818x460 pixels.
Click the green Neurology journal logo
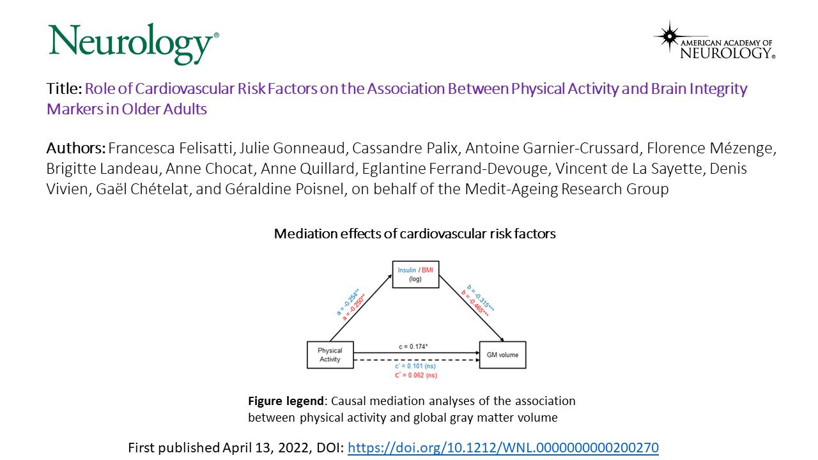(134, 44)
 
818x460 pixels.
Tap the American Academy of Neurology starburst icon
(669, 36)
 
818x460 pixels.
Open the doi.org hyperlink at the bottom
(503, 448)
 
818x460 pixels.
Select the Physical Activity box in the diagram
(330, 355)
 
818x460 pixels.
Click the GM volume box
(502, 355)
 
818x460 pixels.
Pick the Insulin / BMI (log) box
(415, 275)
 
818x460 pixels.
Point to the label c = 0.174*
(413, 346)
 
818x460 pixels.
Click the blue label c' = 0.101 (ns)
(415, 366)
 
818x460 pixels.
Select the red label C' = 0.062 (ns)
(416, 375)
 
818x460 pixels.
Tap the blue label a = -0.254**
(348, 302)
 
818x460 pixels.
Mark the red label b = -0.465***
(475, 303)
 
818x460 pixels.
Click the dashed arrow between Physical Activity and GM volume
(416, 360)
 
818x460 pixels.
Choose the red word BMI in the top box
(428, 270)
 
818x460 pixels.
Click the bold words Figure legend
(286, 401)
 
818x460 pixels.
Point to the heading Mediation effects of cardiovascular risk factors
(415, 234)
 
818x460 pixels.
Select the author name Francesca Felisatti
(170, 148)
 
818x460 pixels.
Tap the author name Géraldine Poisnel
(284, 189)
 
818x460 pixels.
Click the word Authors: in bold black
(76, 148)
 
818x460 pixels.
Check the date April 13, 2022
(266, 448)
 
